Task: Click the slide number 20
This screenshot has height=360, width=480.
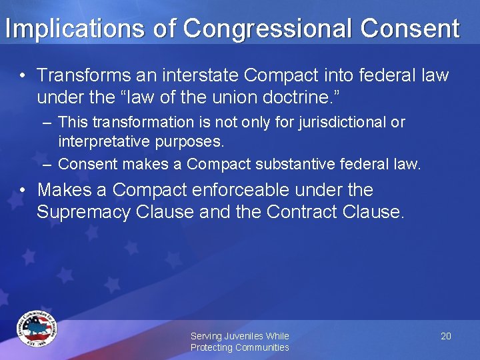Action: (x=446, y=336)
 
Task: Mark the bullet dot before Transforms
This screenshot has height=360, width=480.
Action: (x=23, y=75)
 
